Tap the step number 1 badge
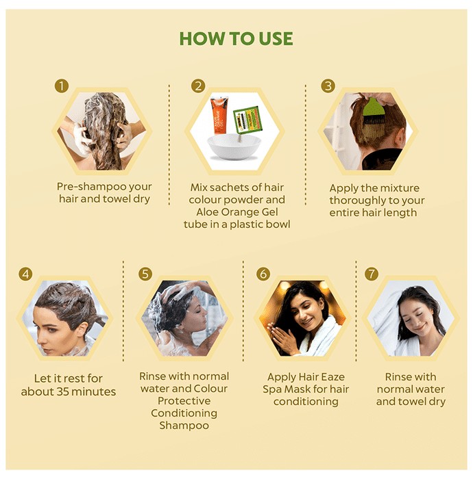(x=62, y=86)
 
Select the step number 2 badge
(x=198, y=86)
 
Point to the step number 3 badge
(x=328, y=86)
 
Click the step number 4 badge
(x=25, y=274)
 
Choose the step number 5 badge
(x=145, y=274)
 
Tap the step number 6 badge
(x=263, y=274)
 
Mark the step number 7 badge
(x=372, y=274)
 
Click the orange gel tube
(x=219, y=115)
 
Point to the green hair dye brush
(x=372, y=114)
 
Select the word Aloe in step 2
(x=207, y=211)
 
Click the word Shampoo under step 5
(x=184, y=426)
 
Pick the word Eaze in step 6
(x=332, y=376)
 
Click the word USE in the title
(x=276, y=38)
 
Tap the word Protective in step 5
(x=184, y=400)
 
